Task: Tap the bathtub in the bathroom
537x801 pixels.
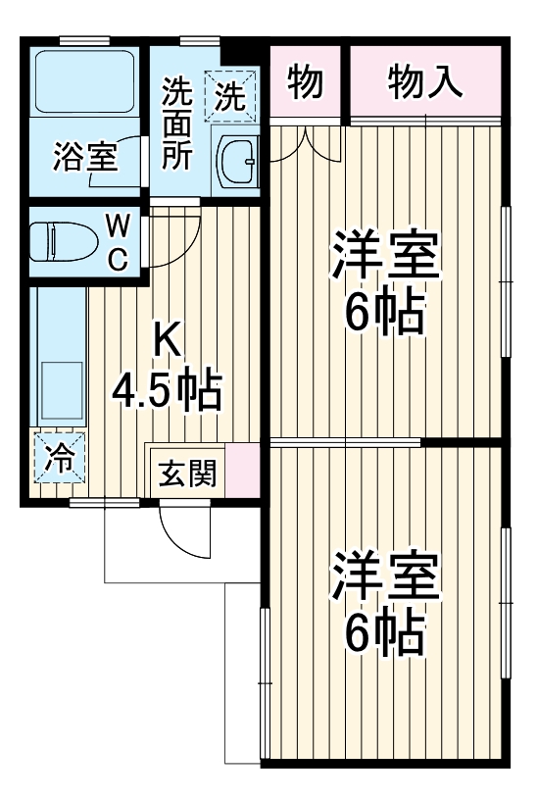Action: [x=83, y=81]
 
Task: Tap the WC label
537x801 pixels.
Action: [x=117, y=242]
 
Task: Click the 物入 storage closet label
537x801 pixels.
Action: [x=425, y=84]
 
